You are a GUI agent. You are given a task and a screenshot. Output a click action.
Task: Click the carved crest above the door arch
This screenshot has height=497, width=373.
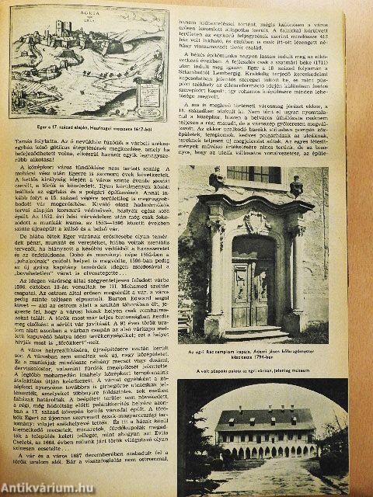click(x=253, y=223)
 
